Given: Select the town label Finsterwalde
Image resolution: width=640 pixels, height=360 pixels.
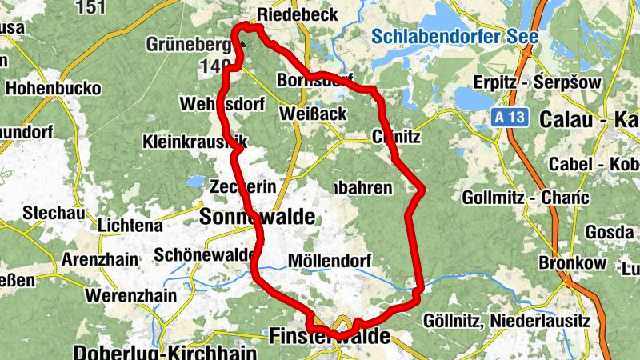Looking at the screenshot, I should pyautogui.click(x=330, y=336).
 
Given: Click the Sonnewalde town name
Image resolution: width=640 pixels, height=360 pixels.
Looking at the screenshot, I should pyautogui.click(x=257, y=217).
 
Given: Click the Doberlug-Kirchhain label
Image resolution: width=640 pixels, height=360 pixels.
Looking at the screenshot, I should pyautogui.click(x=165, y=353).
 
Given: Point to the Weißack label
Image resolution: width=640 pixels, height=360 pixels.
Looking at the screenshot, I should pyautogui.click(x=313, y=114).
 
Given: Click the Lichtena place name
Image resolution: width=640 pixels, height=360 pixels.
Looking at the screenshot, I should pyautogui.click(x=130, y=226).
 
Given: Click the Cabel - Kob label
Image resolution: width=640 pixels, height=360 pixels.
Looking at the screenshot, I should pyautogui.click(x=592, y=164).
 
